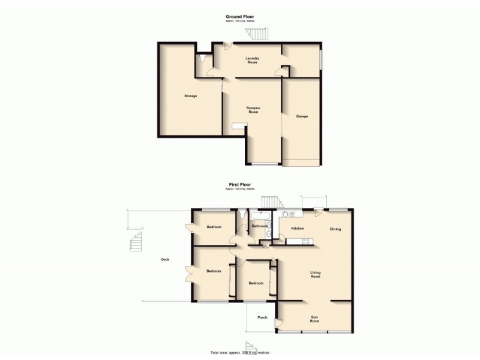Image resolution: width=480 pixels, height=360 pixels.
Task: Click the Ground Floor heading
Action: coord(240,16)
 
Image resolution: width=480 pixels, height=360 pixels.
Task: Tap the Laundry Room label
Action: coord(252,60)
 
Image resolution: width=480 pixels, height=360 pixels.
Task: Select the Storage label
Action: coord(191,96)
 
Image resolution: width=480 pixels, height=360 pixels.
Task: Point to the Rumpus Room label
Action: coord(252,110)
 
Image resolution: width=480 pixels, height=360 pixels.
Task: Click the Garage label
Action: coord(302,116)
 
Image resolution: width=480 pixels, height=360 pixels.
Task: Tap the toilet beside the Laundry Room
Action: coord(205,59)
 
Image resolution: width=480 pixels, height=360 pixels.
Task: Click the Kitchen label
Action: coord(298,229)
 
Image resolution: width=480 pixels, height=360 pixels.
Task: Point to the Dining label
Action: coord(337,229)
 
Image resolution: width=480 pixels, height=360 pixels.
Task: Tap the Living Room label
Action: coord(316,275)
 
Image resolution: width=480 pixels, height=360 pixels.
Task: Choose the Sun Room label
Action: coord(315,319)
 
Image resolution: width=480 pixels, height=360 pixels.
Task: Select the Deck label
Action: coord(165,259)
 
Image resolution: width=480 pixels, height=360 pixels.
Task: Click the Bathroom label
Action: coord(260,226)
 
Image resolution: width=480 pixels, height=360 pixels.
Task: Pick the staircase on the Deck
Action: coord(137,243)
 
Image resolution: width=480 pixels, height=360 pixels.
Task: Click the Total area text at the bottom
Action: coord(239,352)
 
